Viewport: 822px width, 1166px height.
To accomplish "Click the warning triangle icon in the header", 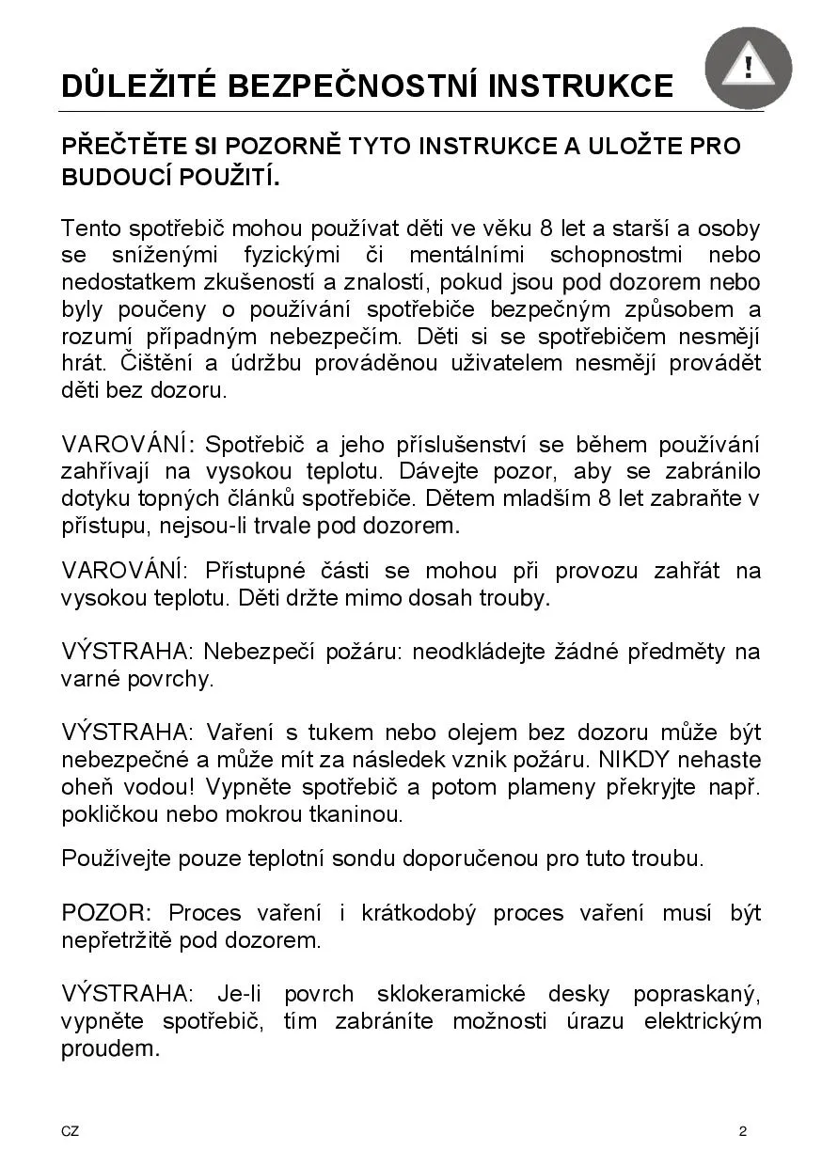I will (x=748, y=68).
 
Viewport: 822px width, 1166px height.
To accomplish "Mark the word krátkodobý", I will (x=419, y=913).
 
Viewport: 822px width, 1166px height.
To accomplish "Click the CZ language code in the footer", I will (x=71, y=1131).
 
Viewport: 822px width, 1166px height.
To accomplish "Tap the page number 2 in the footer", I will (x=743, y=1131).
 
